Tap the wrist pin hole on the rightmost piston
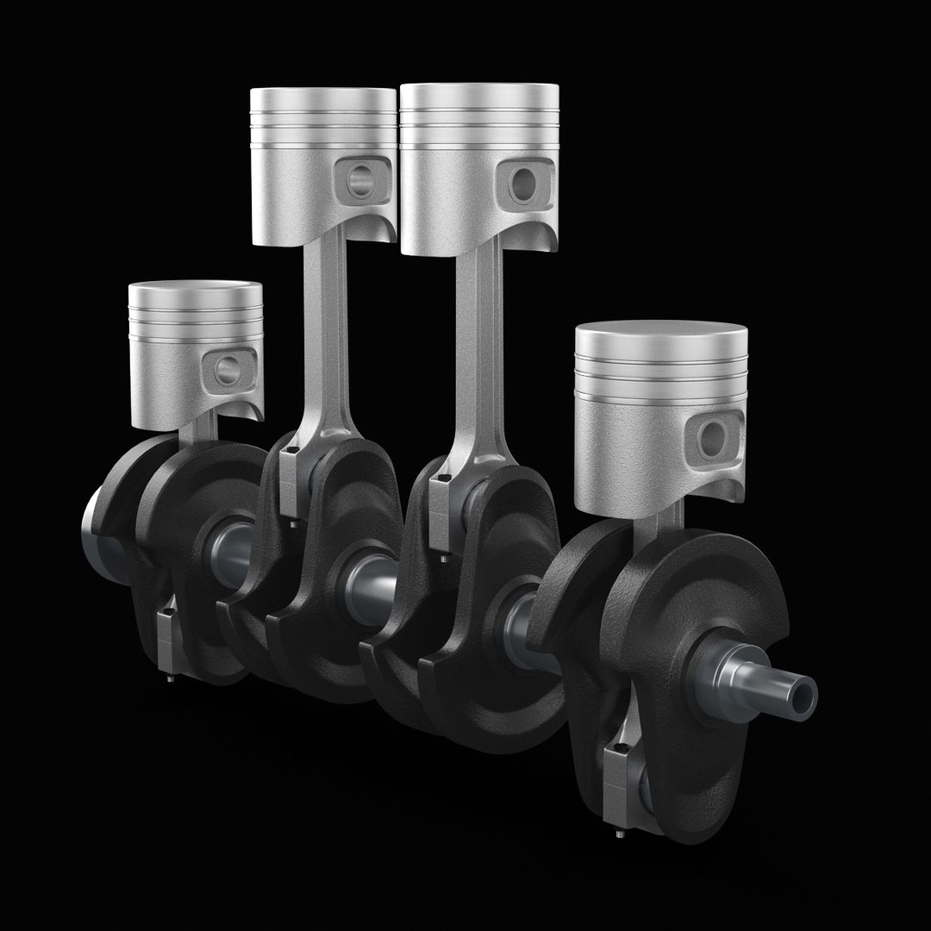tap(713, 438)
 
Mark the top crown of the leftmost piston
tap(196, 289)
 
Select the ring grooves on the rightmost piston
tap(661, 375)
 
